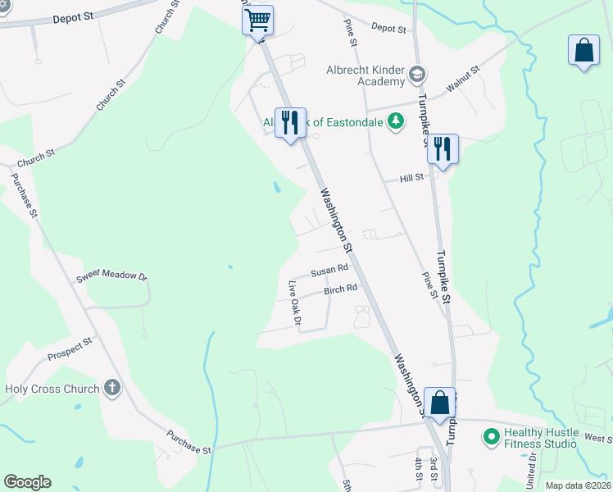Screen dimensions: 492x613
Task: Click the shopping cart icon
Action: point(257,19)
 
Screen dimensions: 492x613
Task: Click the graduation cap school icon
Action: point(417,75)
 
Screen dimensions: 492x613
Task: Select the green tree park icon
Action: point(396,121)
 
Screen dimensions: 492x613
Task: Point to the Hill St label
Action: point(411,177)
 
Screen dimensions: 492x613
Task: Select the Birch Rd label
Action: point(340,289)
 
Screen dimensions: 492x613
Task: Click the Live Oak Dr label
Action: point(295,305)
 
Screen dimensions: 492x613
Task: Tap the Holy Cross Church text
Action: point(52,389)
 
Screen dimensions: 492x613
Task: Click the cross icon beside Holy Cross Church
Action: point(112,388)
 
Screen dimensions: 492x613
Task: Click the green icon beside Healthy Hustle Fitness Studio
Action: point(492,437)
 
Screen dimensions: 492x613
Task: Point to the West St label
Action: point(597,439)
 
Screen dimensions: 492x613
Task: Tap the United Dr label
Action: point(533,467)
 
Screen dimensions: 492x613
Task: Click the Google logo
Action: point(27,482)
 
